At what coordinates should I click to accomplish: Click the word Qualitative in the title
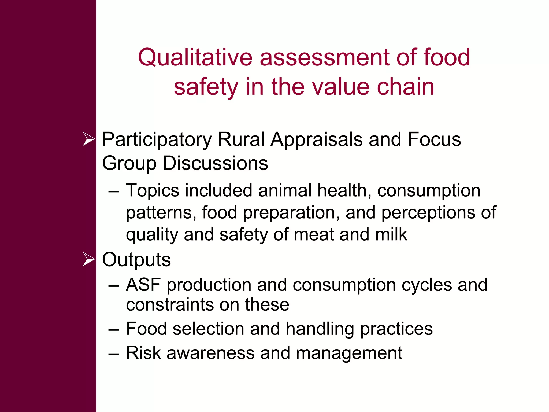[x=195, y=58]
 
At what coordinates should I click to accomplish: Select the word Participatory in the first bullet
[x=157, y=140]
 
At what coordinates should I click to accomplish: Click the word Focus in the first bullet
[x=434, y=139]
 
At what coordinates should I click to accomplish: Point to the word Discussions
[x=215, y=163]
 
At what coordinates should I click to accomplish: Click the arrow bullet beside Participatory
[x=89, y=139]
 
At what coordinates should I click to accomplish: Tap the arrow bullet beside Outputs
[x=89, y=259]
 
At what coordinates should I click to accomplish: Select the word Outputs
[x=136, y=260]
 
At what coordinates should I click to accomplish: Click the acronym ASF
[x=143, y=285]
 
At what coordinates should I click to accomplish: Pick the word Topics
[x=153, y=190]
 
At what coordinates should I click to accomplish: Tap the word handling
[x=320, y=329]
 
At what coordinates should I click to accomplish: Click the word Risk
[x=143, y=353]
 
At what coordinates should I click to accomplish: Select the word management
[x=349, y=353]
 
